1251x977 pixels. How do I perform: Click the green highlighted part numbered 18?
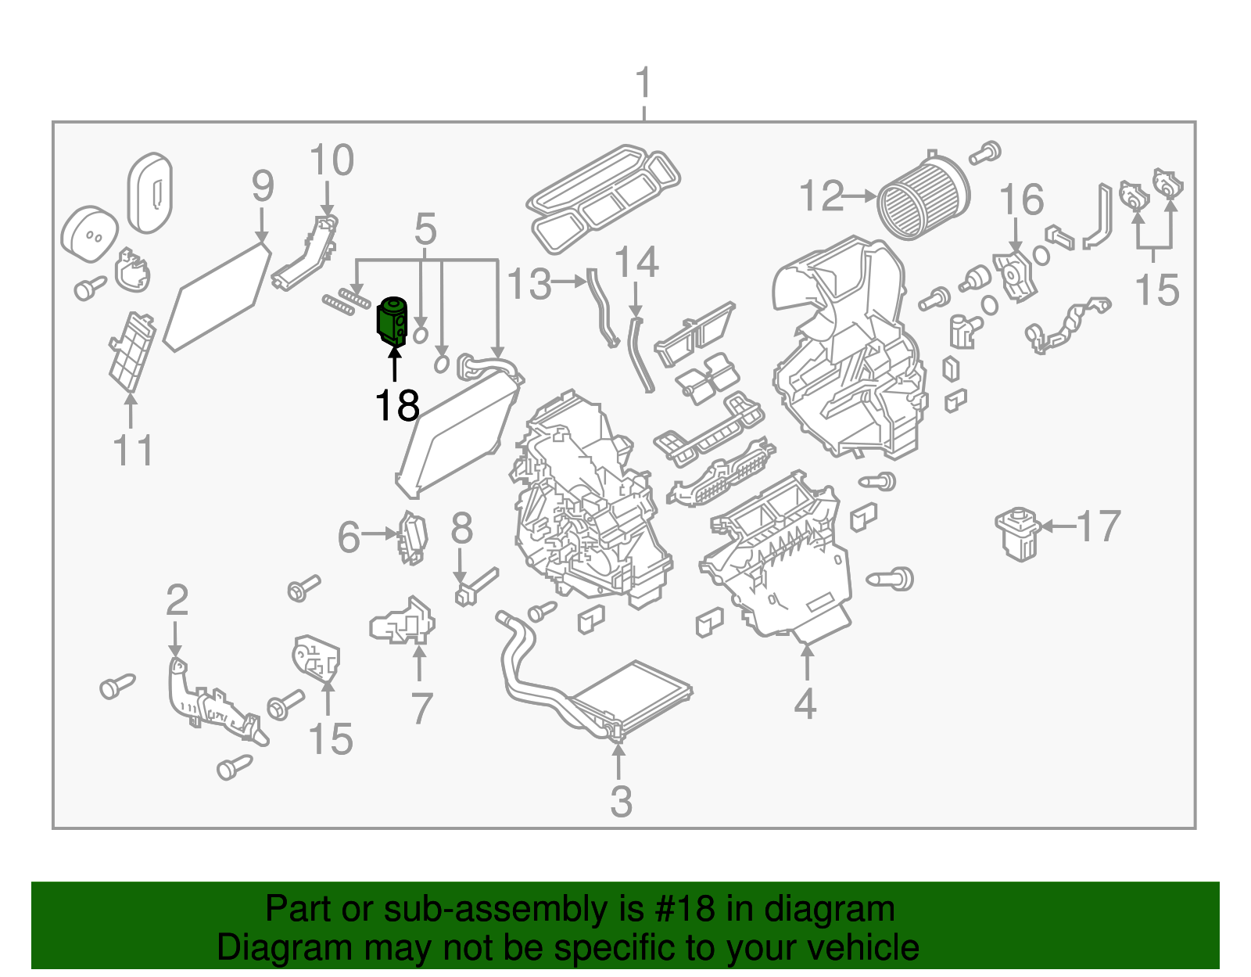(x=393, y=321)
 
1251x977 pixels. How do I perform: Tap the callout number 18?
(x=397, y=406)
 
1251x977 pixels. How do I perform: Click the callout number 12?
(x=822, y=196)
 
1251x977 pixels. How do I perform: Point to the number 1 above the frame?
(x=643, y=83)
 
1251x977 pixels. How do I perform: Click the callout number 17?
(x=1099, y=526)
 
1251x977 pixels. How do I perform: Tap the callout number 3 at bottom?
(x=620, y=801)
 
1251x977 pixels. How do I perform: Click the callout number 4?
(x=805, y=703)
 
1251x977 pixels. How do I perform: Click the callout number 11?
(x=133, y=451)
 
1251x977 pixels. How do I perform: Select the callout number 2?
(x=177, y=600)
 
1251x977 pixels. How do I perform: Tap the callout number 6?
(x=349, y=537)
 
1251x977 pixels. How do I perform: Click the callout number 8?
(x=461, y=528)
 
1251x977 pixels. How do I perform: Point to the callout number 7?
(x=421, y=709)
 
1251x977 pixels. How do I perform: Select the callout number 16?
(x=1022, y=199)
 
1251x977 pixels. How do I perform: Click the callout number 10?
(x=332, y=160)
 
